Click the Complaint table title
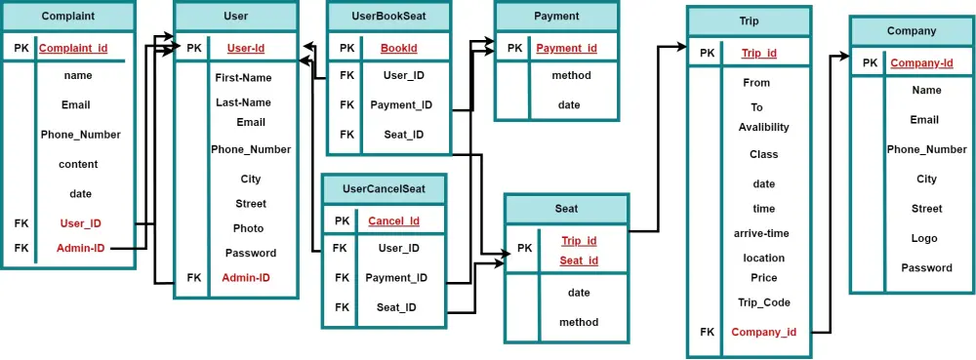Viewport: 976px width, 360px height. pos(67,17)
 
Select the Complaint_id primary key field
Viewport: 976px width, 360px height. pos(73,48)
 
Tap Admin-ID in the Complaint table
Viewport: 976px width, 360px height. pos(80,248)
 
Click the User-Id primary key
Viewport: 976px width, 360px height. pos(245,48)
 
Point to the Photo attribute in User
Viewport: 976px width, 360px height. pos(248,228)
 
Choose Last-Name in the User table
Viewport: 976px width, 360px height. pos(243,102)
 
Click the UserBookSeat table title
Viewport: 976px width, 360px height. pos(388,17)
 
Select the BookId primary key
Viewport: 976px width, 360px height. pos(399,48)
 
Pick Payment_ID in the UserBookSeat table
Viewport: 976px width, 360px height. pos(401,105)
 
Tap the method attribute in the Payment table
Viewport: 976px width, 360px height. pos(571,75)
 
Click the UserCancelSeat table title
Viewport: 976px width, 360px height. pos(385,189)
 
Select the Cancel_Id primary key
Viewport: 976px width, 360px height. pos(393,220)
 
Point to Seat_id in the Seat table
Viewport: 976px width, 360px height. pos(579,260)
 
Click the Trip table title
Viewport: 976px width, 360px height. pos(749,21)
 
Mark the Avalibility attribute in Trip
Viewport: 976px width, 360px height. pos(763,127)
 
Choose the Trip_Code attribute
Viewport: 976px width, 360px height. pos(763,302)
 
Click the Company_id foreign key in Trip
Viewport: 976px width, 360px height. pos(763,332)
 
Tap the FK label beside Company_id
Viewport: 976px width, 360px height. pos(707,332)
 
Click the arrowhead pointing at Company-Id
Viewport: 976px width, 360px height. pos(845,57)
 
